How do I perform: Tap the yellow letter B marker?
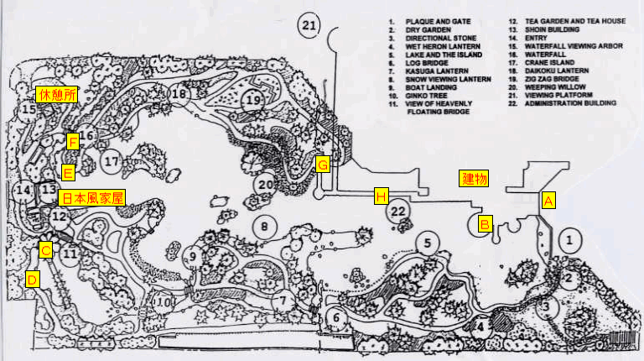point(485,224)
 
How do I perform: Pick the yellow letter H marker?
point(381,196)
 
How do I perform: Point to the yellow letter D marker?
point(32,280)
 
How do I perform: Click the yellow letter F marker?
point(73,142)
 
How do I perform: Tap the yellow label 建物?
point(475,179)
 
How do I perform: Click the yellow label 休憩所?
point(56,95)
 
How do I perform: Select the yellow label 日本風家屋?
point(92,199)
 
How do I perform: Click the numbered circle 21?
point(310,26)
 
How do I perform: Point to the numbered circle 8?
point(265,226)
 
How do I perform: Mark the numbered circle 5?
point(427,244)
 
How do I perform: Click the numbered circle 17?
point(112,160)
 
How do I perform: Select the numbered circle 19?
point(254,100)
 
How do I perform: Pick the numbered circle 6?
point(335,317)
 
